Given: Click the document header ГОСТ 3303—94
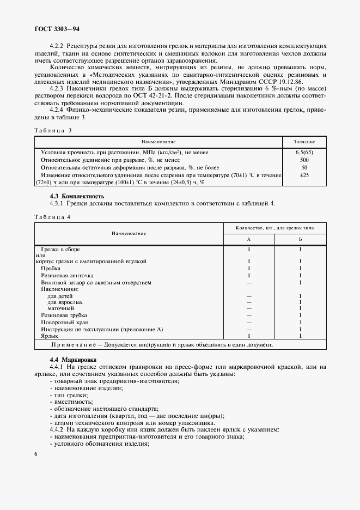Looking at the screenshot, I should point(57,27).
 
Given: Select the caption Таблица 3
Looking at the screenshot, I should point(53,131).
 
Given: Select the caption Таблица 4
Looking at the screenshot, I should point(52,217).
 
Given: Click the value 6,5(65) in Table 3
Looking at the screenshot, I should point(303,153).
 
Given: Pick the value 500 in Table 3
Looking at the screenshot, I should point(303,160).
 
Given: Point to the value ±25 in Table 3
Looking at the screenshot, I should point(303,175).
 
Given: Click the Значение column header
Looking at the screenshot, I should point(303,142).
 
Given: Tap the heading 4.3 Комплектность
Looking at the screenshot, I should point(77,196).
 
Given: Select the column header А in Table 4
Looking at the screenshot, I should point(248,240).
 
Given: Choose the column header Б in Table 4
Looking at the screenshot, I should point(300,240).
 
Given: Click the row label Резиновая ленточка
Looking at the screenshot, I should point(68,276).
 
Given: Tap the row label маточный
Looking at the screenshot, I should point(61,308).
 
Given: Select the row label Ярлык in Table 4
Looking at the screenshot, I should point(50,337).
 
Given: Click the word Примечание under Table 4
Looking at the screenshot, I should point(76,345).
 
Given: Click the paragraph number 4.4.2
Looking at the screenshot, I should point(58,430).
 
